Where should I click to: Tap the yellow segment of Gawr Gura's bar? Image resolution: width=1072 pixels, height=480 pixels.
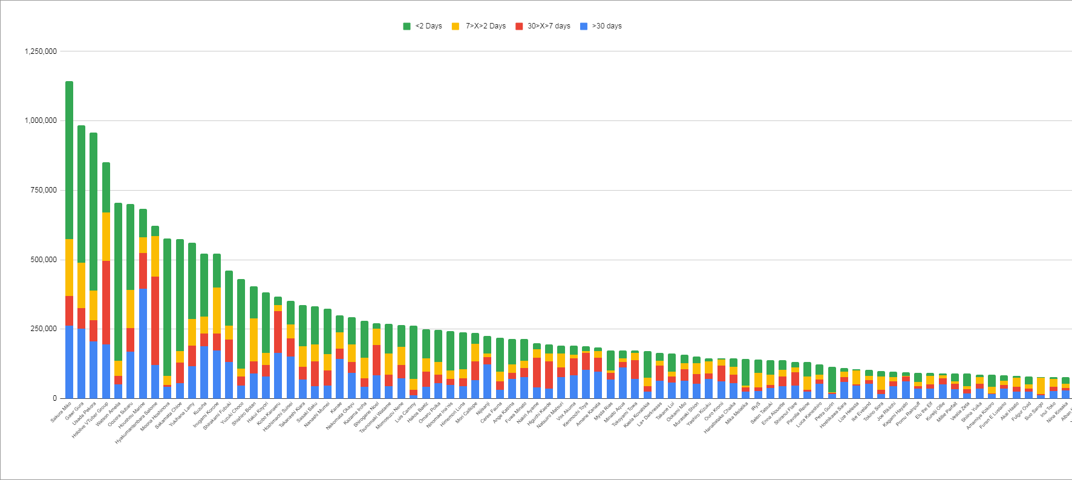[81, 285]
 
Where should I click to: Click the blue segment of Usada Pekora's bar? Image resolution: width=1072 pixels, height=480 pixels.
[94, 369]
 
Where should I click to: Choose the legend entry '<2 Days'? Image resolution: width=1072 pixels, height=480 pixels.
[423, 26]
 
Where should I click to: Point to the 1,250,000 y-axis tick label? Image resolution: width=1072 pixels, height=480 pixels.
[41, 51]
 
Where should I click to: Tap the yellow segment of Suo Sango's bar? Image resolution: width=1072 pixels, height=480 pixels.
[1041, 386]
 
